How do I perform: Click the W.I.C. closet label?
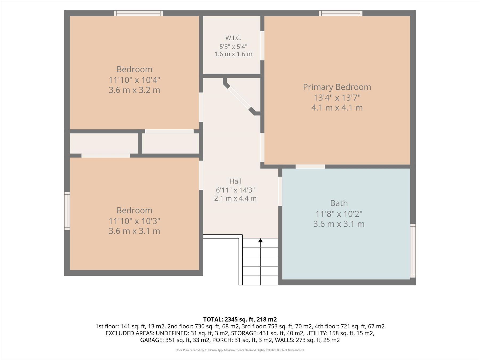click(233, 38)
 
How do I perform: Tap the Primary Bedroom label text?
click(337, 87)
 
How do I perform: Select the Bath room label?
click(339, 203)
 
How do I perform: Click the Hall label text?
click(235, 181)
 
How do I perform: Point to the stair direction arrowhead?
click(261, 241)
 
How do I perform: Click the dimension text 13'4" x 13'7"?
click(337, 98)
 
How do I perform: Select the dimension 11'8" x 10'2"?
click(339, 214)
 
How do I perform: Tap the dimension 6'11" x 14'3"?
click(235, 190)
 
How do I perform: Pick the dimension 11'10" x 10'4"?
click(134, 80)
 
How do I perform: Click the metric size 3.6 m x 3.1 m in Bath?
click(339, 224)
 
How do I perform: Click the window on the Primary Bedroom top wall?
click(341, 13)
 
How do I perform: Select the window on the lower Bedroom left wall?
click(67, 211)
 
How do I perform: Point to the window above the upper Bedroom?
click(138, 13)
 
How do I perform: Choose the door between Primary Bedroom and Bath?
click(310, 167)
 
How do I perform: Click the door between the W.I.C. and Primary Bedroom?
click(262, 46)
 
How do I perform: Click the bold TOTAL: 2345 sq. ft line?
click(240, 319)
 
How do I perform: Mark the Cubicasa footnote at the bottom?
click(240, 350)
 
